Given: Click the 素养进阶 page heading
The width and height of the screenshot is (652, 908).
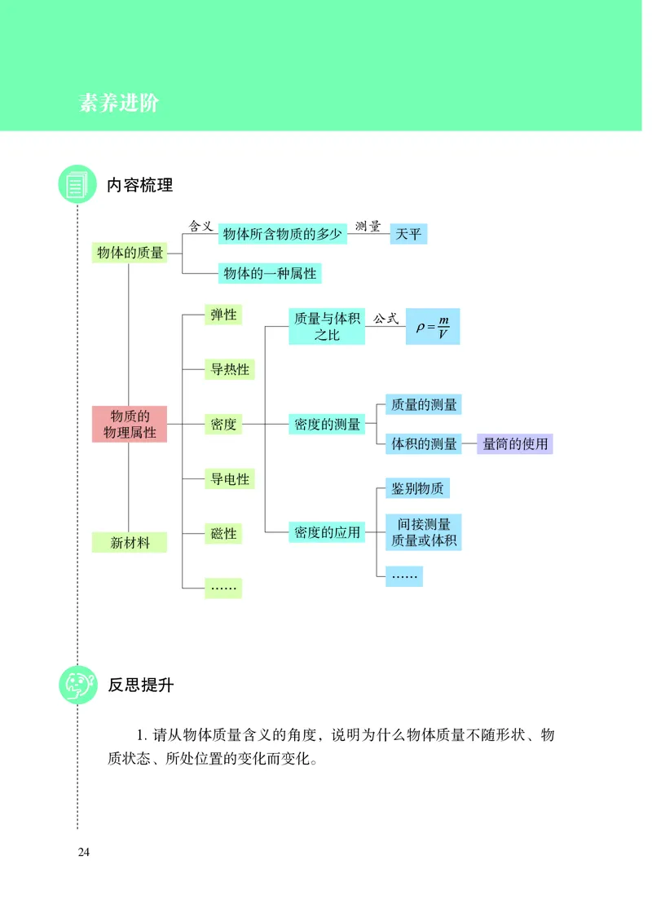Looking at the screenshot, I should (119, 104).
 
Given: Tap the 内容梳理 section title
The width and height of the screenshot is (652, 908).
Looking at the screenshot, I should (140, 184).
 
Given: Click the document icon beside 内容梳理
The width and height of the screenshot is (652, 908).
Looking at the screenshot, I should (77, 184).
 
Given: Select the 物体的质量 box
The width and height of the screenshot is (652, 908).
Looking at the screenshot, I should (130, 253).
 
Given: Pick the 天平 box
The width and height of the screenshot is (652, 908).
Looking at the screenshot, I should (408, 234).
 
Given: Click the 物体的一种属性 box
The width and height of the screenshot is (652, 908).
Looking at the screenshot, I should (270, 273).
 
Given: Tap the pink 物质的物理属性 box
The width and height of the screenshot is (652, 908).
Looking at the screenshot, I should (130, 424).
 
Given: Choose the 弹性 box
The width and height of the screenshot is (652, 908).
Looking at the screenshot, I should (223, 315).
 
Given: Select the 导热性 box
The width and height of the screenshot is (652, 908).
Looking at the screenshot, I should (230, 369).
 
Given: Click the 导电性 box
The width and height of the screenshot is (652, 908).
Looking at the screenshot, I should (230, 478).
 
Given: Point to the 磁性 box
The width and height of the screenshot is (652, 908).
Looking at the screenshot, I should (223, 533).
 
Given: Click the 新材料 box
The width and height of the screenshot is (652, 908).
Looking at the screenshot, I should (130, 542).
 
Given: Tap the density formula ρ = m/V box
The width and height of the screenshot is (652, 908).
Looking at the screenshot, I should (432, 326).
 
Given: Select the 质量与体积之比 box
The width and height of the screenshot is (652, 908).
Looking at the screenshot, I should (327, 326).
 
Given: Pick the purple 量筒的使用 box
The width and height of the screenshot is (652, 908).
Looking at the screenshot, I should (514, 444).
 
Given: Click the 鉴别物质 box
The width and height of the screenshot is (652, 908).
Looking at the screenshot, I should (417, 488).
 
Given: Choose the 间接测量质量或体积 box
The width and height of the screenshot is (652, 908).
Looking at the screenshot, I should (423, 531).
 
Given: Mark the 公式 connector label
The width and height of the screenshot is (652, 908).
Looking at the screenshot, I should (386, 319).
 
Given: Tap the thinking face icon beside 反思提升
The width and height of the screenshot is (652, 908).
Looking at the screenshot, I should (77, 685).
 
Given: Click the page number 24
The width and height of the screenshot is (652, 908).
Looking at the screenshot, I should (84, 853).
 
